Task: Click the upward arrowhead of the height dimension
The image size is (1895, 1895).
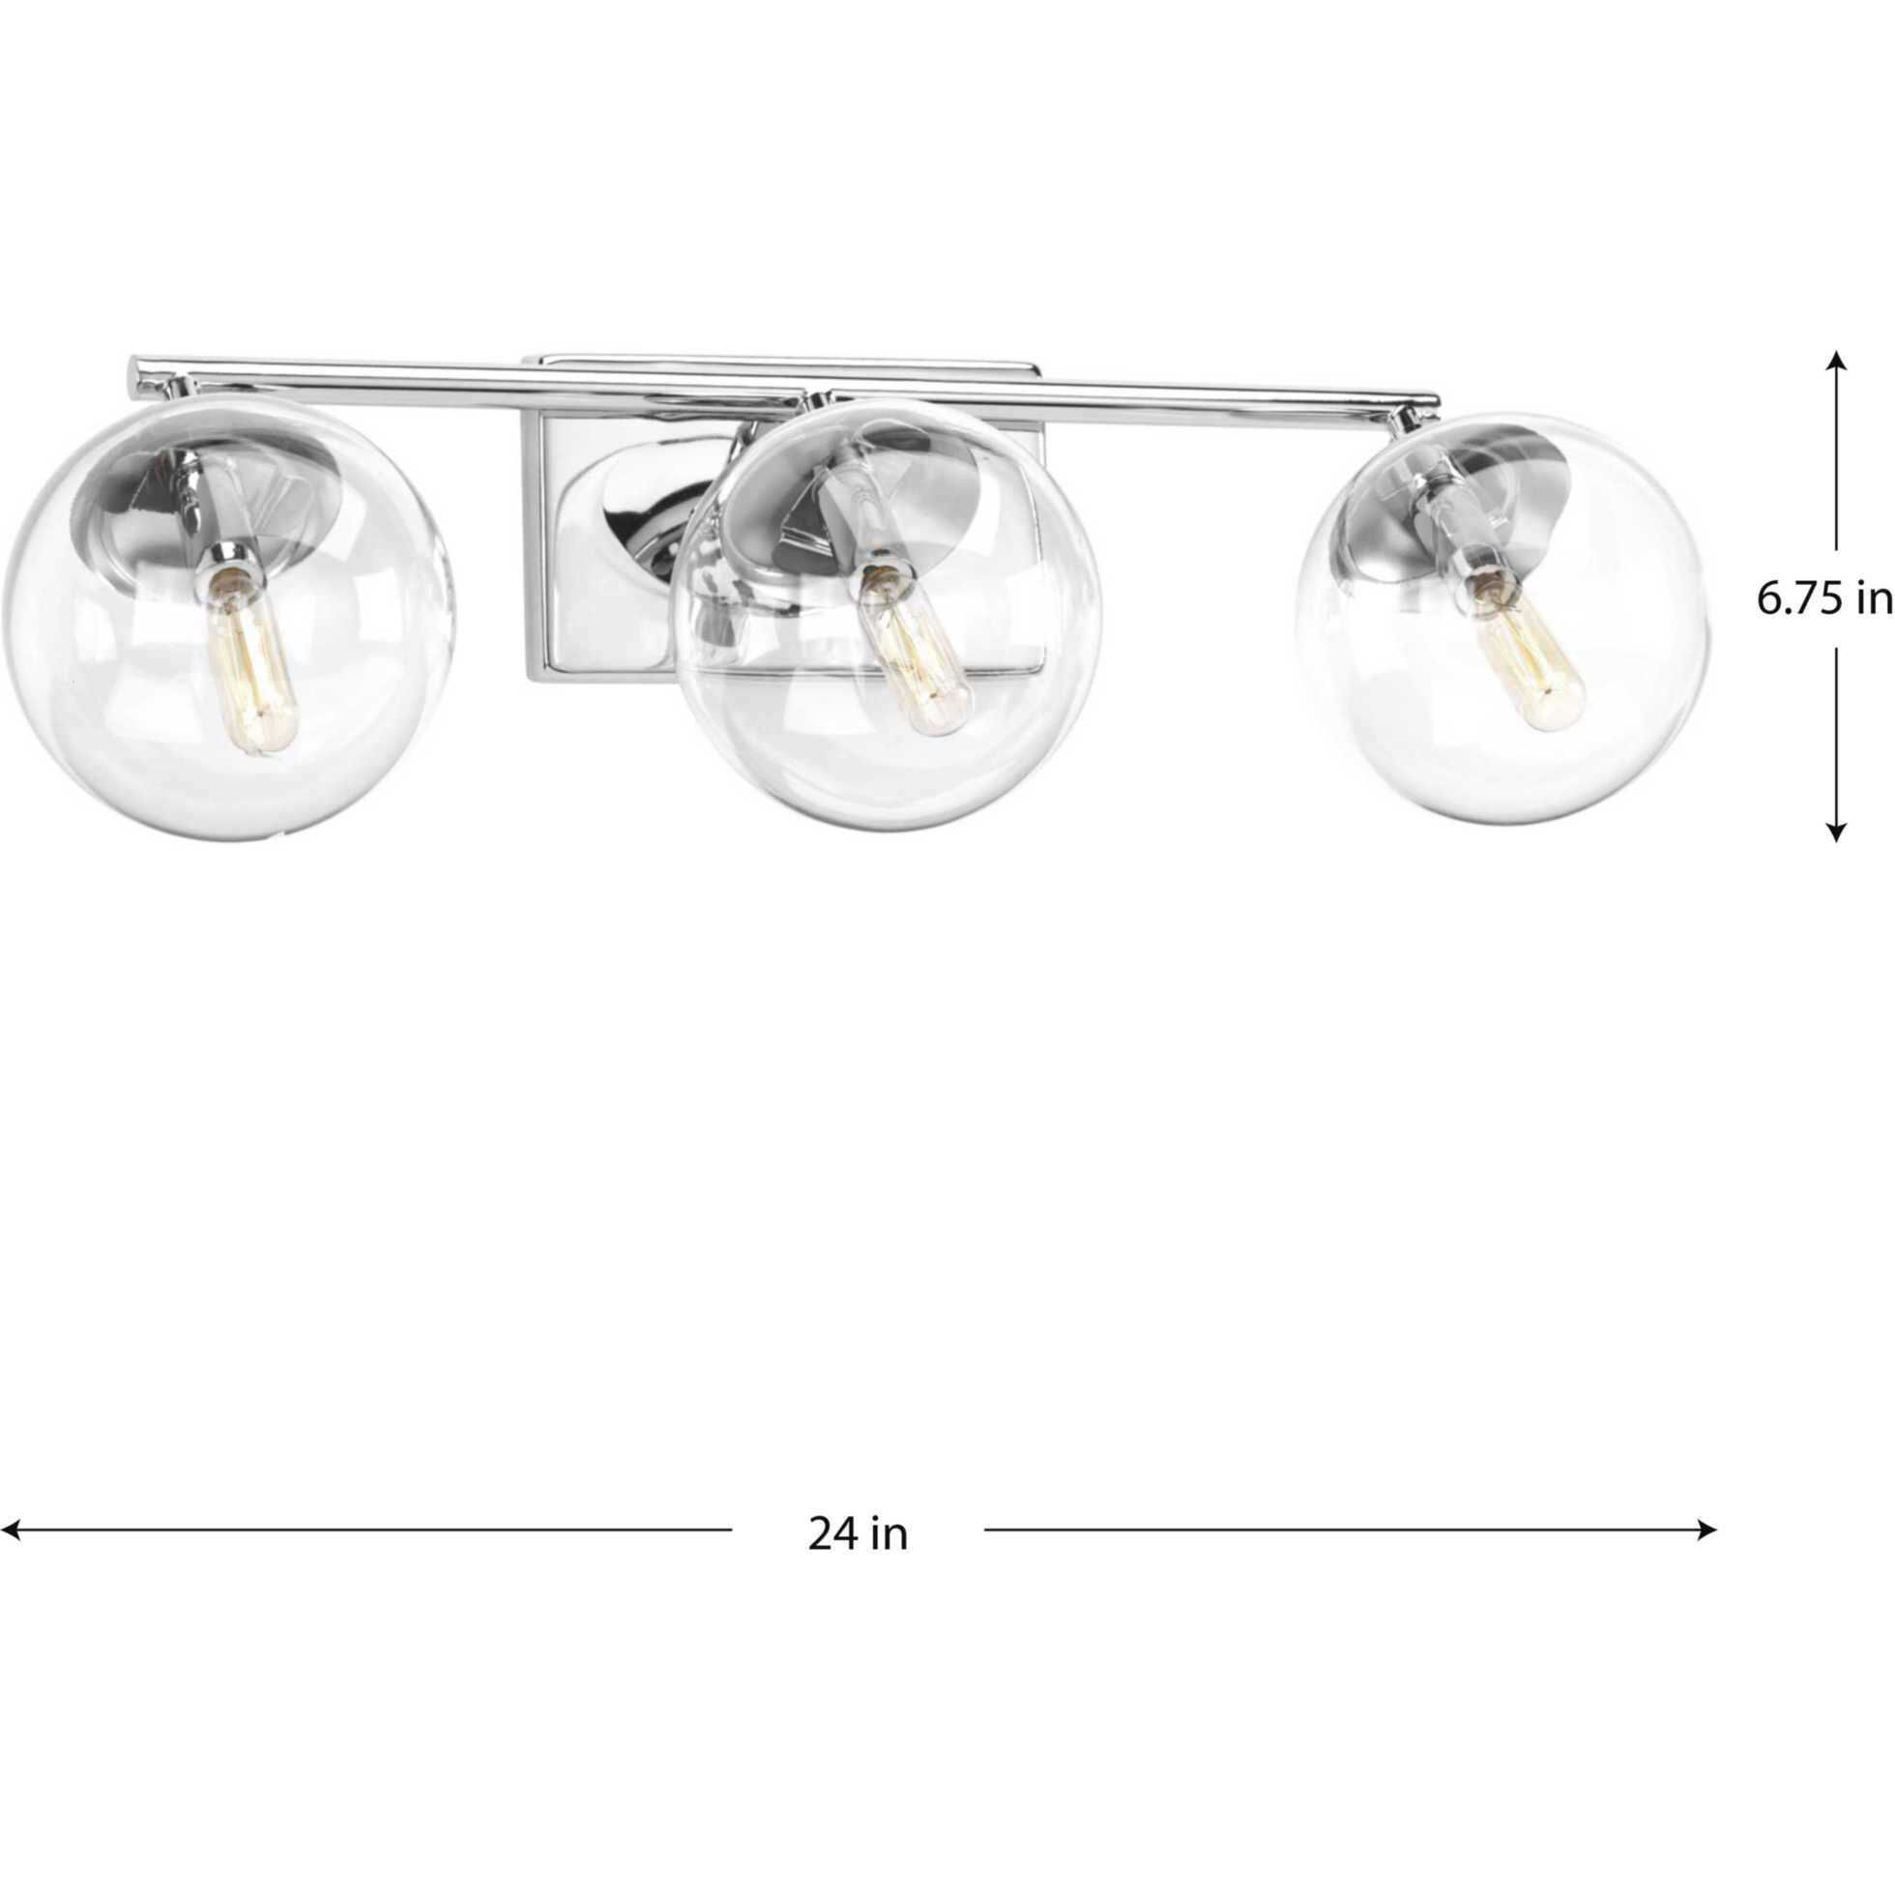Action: point(1836,361)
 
